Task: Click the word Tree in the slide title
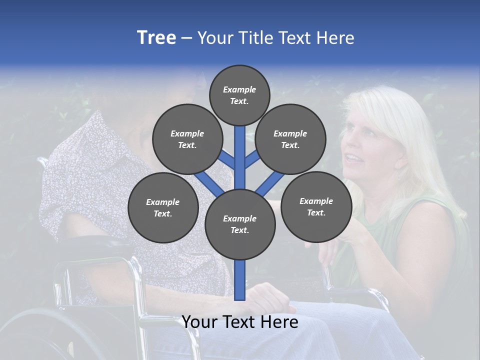click(156, 38)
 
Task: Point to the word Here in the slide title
click(335, 38)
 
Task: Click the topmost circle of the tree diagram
click(239, 95)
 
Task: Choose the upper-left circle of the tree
click(187, 139)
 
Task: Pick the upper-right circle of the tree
click(290, 139)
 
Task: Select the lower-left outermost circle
click(163, 207)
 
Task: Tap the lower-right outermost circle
click(316, 206)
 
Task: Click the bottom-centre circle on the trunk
click(240, 224)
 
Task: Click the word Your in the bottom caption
click(199, 322)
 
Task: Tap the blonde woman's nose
click(347, 145)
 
